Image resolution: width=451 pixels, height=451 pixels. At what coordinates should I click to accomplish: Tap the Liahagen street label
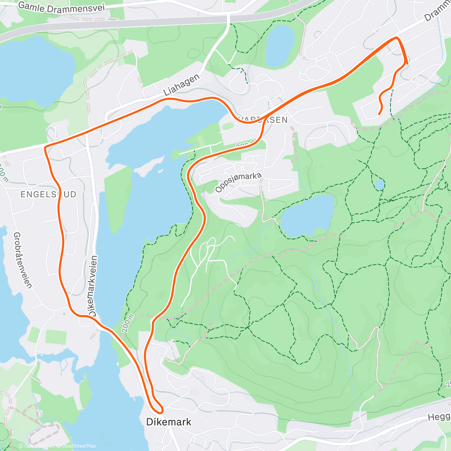[x=182, y=85]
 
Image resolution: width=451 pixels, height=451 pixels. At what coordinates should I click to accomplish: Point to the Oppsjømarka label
[x=238, y=182]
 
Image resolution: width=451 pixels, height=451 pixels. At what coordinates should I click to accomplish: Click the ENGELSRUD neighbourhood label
[x=48, y=194]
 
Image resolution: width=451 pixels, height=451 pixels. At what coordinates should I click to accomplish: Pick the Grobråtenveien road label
[x=23, y=260]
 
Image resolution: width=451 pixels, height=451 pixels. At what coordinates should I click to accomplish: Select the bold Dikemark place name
[x=169, y=422]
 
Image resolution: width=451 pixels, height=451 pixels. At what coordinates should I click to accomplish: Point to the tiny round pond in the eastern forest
[x=380, y=185]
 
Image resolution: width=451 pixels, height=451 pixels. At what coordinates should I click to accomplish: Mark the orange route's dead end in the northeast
[x=379, y=114]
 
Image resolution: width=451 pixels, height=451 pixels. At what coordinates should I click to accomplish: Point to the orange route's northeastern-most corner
[x=397, y=38]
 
